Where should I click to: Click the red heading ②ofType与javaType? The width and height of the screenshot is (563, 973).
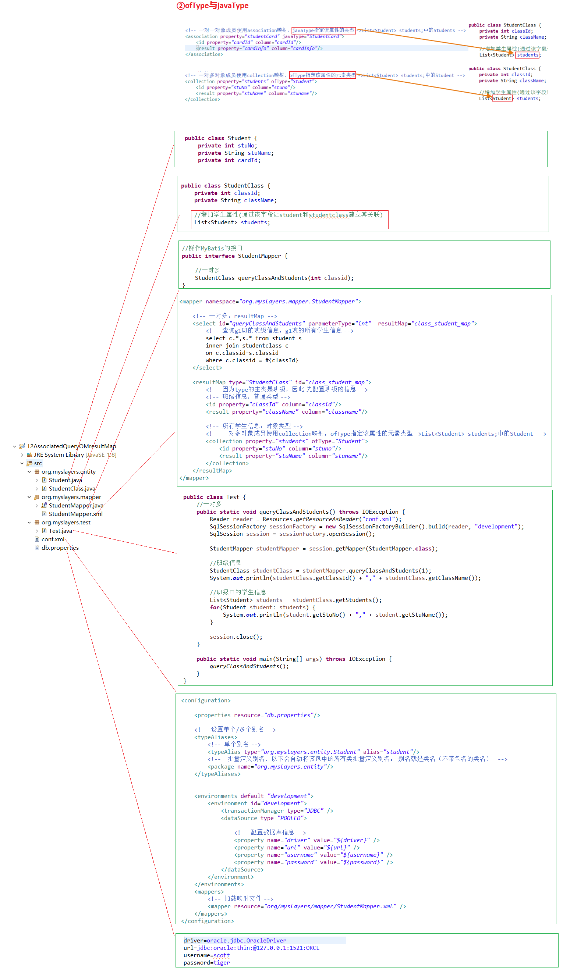[213, 6]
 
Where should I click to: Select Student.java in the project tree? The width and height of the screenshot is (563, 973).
[65, 480]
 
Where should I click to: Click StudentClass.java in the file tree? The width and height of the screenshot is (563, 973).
[71, 488]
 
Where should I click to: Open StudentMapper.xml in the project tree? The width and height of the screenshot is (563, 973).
[75, 514]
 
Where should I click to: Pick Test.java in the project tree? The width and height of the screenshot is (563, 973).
[60, 531]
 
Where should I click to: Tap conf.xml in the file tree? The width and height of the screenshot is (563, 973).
[53, 539]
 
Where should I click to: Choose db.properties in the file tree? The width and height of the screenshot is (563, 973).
[60, 548]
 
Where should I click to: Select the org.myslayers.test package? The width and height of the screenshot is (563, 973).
[66, 523]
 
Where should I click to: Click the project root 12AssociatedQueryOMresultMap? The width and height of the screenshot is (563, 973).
[71, 446]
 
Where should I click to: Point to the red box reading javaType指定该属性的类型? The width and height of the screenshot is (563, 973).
[323, 30]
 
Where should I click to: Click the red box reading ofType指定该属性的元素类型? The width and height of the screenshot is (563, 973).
[322, 75]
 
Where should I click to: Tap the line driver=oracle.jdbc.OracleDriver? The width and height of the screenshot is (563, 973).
[234, 941]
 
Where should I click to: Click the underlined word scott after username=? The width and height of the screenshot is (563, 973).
[222, 955]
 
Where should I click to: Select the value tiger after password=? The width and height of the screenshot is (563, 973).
[222, 963]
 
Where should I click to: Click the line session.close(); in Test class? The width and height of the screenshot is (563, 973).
[236, 637]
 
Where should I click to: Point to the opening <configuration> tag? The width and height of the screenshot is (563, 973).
[206, 701]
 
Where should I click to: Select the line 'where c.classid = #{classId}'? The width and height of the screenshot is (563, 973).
[252, 360]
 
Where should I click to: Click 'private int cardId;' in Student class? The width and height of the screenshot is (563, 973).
[229, 160]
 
